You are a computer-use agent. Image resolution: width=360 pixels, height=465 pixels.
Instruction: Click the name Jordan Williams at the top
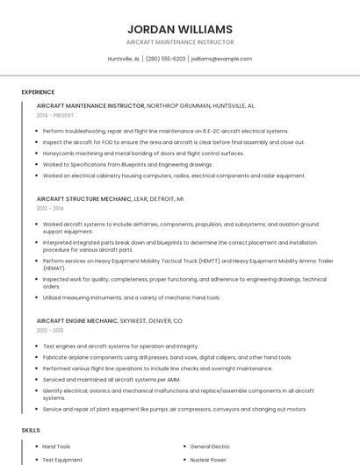(180, 29)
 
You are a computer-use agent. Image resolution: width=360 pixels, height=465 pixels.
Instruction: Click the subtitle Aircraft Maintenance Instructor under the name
(180, 42)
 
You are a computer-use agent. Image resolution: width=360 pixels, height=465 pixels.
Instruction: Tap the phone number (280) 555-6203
(165, 59)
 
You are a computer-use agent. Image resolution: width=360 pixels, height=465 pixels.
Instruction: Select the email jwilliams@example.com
(221, 59)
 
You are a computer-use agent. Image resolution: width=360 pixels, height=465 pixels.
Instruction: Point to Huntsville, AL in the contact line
(124, 59)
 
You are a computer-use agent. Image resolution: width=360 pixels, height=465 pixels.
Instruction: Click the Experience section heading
(38, 92)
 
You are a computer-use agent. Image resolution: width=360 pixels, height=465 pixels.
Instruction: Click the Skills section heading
(31, 431)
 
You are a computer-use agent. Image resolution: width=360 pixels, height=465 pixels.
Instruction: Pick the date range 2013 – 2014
(50, 209)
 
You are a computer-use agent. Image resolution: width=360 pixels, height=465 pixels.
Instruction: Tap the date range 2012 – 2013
(50, 331)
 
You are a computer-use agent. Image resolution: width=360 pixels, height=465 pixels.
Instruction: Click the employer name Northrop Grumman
(178, 105)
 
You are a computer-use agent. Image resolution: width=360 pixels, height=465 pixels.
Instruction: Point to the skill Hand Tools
(56, 447)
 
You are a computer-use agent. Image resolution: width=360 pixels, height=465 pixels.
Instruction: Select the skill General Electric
(210, 447)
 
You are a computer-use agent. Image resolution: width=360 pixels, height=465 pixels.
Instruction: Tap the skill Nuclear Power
(207, 460)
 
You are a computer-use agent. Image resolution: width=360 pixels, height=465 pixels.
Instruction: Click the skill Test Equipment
(62, 460)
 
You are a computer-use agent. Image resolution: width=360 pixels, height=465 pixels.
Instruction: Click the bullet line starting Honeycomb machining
(143, 154)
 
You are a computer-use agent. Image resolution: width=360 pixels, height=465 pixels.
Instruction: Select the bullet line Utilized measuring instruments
(132, 297)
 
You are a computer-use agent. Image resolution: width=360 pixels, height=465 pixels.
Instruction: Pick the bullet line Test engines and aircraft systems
(120, 346)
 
